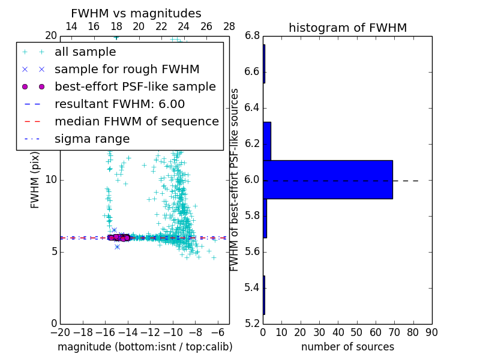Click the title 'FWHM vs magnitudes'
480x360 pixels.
point(136,13)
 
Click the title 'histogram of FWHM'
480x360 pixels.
point(347,28)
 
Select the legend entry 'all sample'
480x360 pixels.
point(85,52)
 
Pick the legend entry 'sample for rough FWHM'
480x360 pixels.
point(127,70)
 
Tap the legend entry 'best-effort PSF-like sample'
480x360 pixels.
point(135,87)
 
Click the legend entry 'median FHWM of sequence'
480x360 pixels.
point(136,122)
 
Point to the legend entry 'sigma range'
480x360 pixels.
point(92,139)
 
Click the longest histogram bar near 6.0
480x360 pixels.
point(328,179)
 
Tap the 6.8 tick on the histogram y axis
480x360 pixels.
point(253,36)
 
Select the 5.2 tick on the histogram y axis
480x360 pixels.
point(253,324)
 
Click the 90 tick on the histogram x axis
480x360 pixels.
point(431,332)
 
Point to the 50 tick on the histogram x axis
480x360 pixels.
point(357,332)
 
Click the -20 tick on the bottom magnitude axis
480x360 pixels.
point(60,332)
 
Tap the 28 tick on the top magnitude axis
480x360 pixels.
point(229,26)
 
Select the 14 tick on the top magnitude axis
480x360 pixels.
point(71,26)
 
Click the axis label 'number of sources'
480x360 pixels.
point(347,347)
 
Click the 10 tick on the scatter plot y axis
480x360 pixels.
point(50,180)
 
